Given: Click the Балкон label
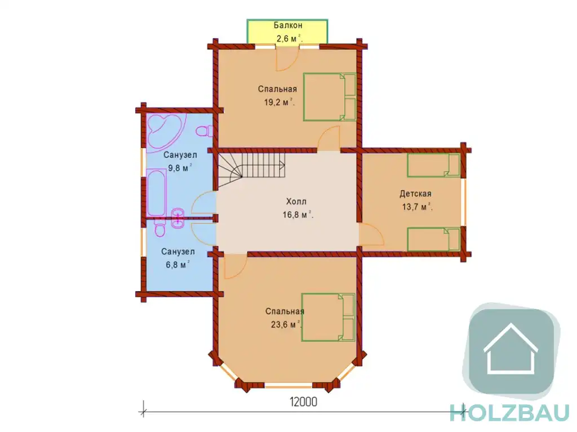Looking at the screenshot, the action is (x=288, y=25).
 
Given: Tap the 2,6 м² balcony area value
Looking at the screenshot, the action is (x=289, y=38).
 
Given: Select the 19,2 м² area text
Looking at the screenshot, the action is (x=279, y=103).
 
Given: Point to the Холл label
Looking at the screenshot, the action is (x=296, y=202).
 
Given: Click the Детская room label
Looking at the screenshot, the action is (x=415, y=194).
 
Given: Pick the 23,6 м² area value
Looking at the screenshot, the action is (x=286, y=325).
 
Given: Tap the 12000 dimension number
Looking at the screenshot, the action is (x=303, y=402).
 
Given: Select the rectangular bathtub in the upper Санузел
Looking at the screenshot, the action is (x=157, y=193).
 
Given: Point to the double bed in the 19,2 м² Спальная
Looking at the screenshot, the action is (x=329, y=97).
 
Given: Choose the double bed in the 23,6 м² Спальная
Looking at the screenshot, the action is (x=328, y=317).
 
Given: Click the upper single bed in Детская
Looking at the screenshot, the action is (x=433, y=165).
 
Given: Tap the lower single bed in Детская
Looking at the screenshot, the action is (x=433, y=239).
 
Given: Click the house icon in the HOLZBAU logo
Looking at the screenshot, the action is (x=511, y=349).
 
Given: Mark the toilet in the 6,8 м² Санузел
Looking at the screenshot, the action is (x=159, y=228).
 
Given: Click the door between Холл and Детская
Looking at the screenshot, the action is (x=372, y=234).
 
